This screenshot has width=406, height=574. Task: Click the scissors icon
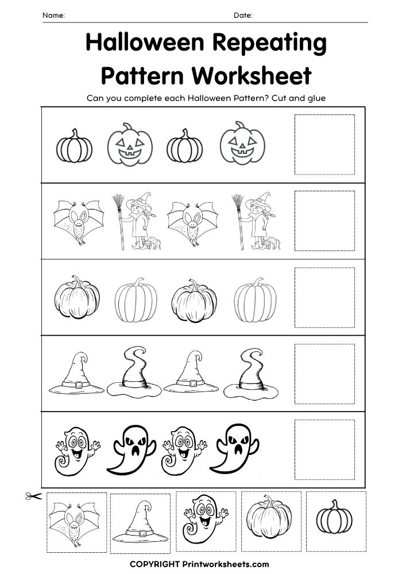pos(33,496)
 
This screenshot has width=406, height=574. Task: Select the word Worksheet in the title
pos(252,75)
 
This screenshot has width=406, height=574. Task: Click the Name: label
pos(54,15)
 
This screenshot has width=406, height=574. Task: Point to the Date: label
pos(243,15)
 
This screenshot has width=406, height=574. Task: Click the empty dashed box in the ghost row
pos(324,449)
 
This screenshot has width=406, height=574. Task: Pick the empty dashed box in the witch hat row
pos(324,374)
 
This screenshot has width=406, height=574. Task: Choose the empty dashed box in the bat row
pos(324,221)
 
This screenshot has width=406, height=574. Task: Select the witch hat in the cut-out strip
pos(140,522)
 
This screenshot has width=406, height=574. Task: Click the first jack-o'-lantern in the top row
pos(130,144)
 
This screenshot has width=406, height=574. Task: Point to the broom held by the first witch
pos(119,222)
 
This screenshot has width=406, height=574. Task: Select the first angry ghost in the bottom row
pos(132,449)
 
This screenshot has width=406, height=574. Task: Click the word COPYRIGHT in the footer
pos(154,564)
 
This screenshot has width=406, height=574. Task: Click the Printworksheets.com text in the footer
pos(226,564)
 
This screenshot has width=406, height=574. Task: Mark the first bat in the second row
pos(78,222)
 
